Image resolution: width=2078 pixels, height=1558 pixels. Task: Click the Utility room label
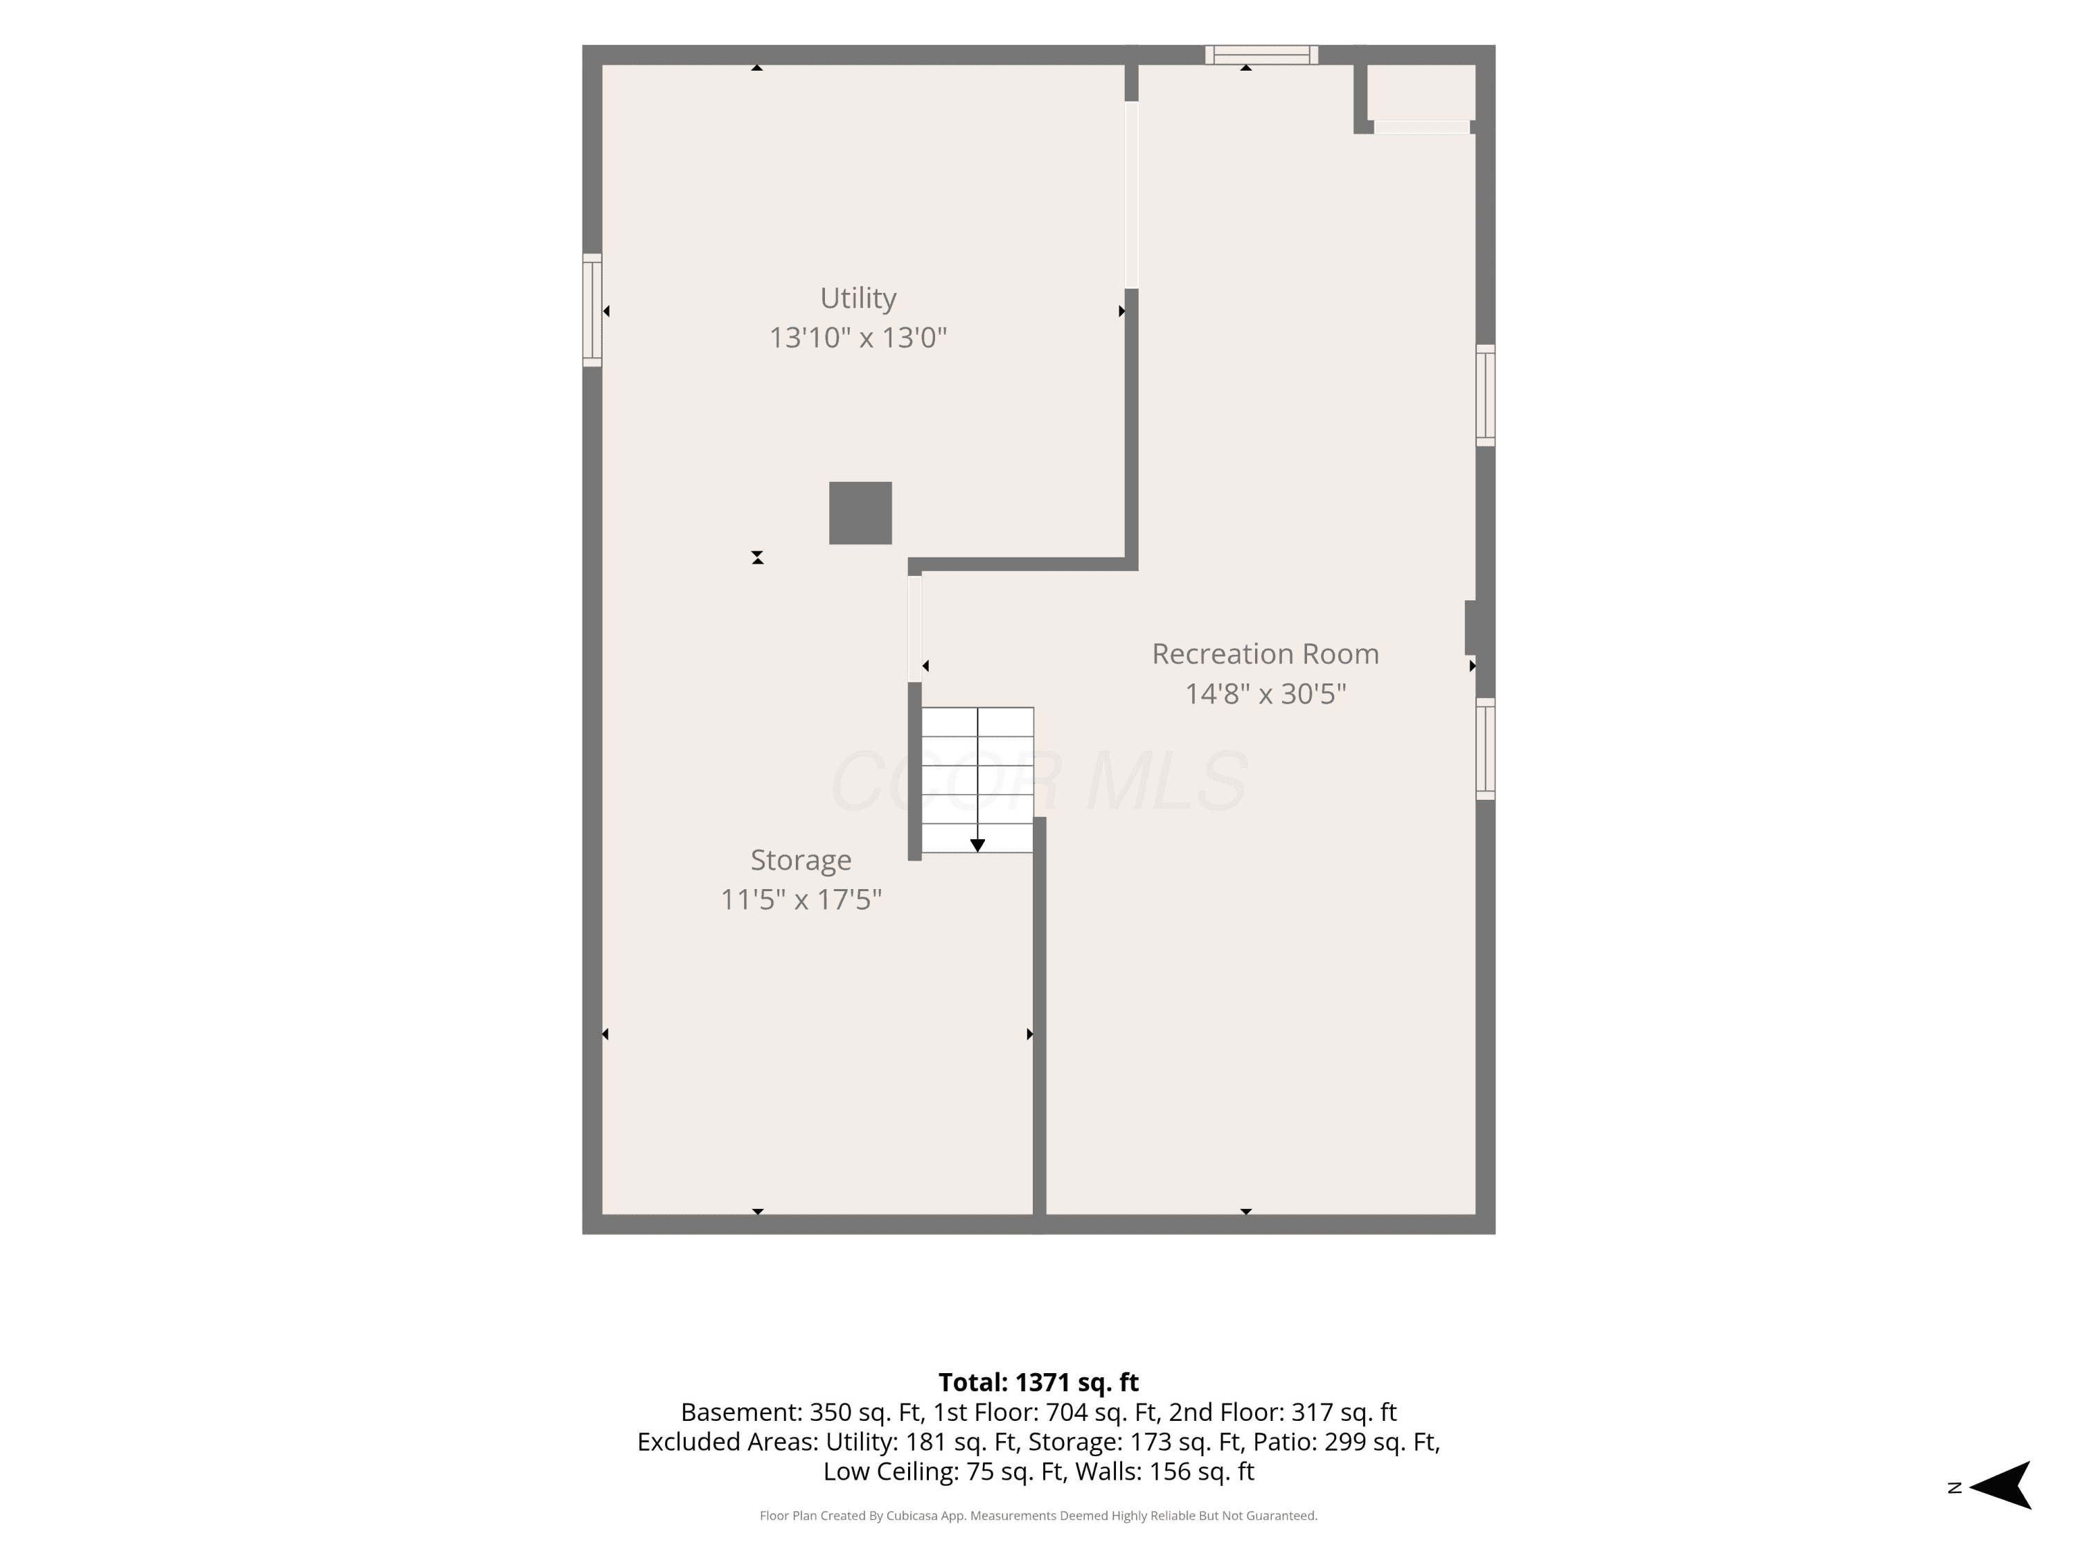point(858,298)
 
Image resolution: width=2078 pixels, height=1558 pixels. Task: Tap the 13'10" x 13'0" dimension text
point(858,337)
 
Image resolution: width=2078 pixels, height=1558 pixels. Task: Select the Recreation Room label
point(1266,654)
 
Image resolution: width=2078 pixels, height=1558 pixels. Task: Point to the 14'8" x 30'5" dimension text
point(1266,693)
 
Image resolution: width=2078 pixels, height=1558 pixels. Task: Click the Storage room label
point(801,860)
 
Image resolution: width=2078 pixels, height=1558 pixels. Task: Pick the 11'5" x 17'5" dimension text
point(801,899)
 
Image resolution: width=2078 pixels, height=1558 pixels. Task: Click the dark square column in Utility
point(860,513)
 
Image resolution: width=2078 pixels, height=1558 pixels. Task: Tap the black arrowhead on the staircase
point(977,845)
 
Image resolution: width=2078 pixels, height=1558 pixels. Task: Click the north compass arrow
point(2001,1487)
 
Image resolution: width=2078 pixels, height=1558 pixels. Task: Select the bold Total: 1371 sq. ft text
point(1038,1382)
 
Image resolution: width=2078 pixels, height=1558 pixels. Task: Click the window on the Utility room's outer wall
point(592,310)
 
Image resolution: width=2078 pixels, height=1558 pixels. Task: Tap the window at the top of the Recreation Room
point(1261,55)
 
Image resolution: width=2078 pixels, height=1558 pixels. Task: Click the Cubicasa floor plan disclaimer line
point(1038,1516)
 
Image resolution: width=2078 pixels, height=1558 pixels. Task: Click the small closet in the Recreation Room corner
point(1421,92)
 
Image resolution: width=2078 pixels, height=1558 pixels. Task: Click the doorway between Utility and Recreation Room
point(1131,195)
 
